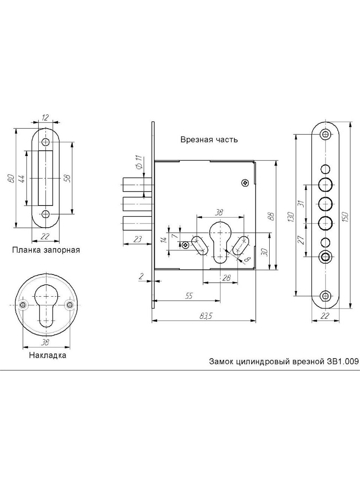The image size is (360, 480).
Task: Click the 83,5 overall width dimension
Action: [206, 316]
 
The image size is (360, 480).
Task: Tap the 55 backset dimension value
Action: [189, 296]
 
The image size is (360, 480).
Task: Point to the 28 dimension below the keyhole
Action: [226, 278]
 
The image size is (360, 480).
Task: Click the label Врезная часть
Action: [209, 140]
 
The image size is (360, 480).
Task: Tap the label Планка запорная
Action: [46, 250]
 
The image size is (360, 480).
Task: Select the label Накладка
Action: [48, 355]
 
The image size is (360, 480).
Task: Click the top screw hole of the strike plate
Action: [46, 142]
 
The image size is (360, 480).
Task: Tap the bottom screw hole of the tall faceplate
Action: [325, 295]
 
